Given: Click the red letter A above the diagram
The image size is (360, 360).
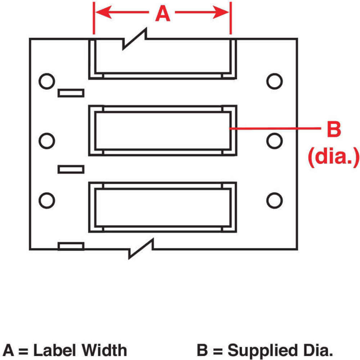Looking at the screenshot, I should click(x=162, y=14).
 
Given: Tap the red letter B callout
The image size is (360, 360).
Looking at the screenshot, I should click(x=333, y=129).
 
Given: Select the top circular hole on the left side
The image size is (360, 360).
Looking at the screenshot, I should click(x=46, y=81).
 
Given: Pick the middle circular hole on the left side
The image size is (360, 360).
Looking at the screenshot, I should click(x=46, y=140).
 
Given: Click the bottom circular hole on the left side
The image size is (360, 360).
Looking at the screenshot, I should click(x=46, y=200).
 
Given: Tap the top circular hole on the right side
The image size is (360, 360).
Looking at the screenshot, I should click(x=274, y=81).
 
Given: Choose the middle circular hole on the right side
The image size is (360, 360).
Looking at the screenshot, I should click(x=274, y=140).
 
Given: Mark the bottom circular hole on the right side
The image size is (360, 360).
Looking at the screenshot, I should click(x=274, y=200).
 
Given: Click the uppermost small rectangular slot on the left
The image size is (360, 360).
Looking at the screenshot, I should click(x=71, y=93).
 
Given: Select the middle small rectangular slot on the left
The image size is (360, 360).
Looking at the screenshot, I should click(x=71, y=169).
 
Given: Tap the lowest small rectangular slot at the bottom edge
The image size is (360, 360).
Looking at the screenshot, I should click(x=71, y=246).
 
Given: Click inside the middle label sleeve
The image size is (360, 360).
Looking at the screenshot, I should click(x=162, y=130).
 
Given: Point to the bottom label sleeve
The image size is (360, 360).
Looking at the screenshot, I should click(x=162, y=207).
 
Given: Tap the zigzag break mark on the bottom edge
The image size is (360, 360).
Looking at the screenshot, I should click(x=141, y=249).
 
